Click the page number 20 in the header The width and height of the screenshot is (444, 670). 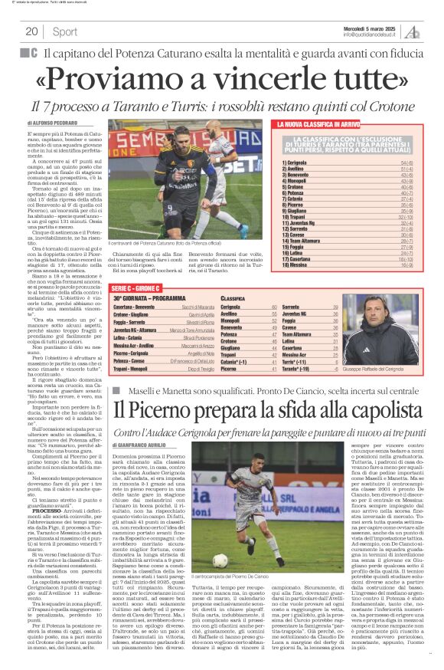click(x=31, y=31)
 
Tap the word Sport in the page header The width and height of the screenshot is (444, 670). click(x=64, y=31)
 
